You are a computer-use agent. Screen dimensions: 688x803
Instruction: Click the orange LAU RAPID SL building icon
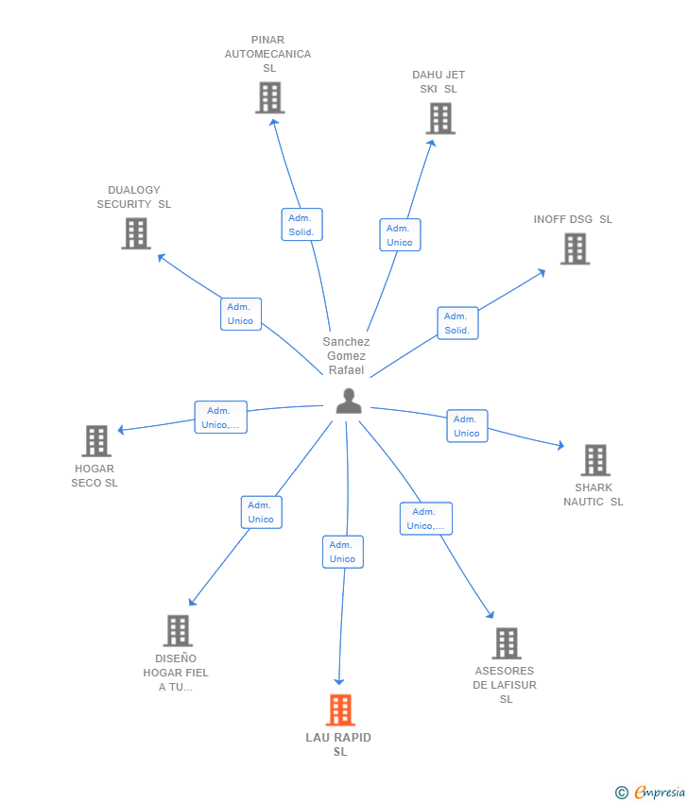click(340, 709)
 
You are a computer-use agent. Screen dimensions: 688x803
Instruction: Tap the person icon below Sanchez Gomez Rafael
click(349, 401)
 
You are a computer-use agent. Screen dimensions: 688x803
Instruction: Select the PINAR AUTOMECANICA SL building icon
click(270, 98)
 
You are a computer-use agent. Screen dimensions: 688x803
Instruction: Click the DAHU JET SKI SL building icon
click(440, 118)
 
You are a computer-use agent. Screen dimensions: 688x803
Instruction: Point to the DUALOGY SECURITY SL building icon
click(136, 233)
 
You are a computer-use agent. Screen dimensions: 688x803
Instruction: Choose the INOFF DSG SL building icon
click(575, 248)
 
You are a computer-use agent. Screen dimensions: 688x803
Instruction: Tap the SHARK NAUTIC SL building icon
click(595, 460)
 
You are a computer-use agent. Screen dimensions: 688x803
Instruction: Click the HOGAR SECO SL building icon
click(96, 441)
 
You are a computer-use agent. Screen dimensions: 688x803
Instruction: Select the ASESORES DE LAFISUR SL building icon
click(507, 643)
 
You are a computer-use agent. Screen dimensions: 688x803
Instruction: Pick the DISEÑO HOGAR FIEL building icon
click(178, 630)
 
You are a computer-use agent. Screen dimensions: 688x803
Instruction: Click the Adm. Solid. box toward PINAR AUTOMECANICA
click(301, 224)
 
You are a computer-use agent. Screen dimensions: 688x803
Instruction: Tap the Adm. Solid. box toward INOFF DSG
click(457, 323)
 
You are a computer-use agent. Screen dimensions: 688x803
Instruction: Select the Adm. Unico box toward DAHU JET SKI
click(400, 235)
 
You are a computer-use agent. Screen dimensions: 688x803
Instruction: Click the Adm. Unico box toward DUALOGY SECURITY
click(241, 314)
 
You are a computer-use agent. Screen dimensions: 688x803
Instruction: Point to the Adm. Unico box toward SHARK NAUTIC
click(467, 426)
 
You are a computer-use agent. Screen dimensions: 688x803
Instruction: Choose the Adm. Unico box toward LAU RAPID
click(343, 552)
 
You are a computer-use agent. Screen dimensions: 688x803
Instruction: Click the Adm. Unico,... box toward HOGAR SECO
click(221, 418)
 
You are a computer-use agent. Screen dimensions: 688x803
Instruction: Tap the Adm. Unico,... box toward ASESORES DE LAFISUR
click(426, 519)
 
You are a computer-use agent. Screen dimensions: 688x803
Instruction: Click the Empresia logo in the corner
click(650, 793)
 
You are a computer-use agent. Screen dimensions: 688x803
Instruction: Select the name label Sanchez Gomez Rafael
click(346, 356)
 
